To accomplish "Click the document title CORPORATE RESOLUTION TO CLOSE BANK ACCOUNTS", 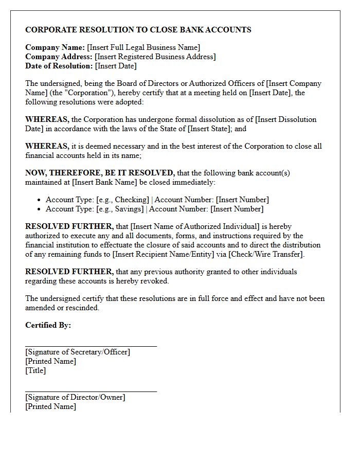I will point(138,30).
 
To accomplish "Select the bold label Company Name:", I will point(55,47).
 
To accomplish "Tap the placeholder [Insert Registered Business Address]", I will point(155,57).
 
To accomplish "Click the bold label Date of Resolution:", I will point(59,66).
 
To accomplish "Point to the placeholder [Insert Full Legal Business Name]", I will point(143,47).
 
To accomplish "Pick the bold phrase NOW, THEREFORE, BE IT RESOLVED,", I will point(100,173).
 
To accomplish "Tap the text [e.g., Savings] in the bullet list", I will point(120,209).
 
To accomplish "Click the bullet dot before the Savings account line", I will point(40,209).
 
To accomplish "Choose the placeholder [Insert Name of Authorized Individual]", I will point(197,226).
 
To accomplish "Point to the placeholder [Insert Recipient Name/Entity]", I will point(169,254).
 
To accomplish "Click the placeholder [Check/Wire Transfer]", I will point(266,254).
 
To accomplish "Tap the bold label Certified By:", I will point(48,325).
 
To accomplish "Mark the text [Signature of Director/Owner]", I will point(75,397).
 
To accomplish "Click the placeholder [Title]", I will point(35,370).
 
